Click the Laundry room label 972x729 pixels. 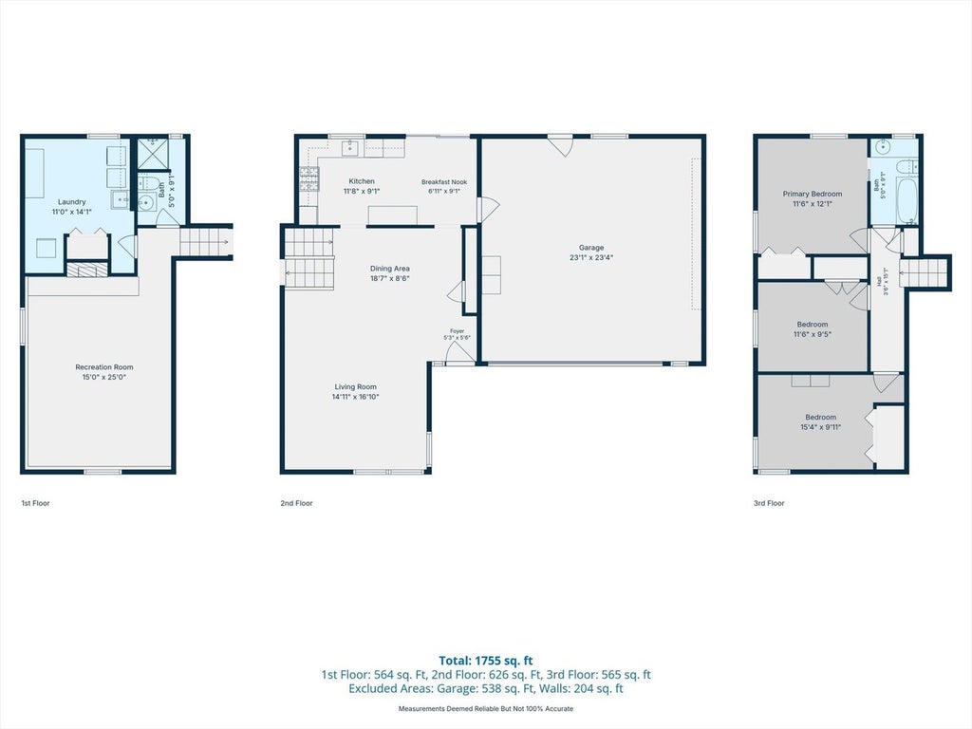click(x=72, y=202)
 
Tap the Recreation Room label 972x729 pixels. click(x=104, y=367)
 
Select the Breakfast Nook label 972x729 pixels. click(x=444, y=182)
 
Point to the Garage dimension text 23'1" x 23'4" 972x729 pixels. click(x=591, y=257)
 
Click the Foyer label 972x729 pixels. click(x=457, y=331)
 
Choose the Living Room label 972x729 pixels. click(x=356, y=387)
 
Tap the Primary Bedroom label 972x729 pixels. click(x=813, y=194)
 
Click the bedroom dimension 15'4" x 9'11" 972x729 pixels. click(x=821, y=427)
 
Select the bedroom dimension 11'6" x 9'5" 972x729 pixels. click(x=813, y=334)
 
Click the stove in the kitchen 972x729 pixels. click(x=308, y=178)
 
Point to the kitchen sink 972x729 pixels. click(x=350, y=147)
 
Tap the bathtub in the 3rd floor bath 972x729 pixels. click(x=907, y=201)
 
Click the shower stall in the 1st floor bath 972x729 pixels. click(x=153, y=153)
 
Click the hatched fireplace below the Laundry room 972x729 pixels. click(x=86, y=270)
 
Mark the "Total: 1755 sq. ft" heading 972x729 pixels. click(x=486, y=661)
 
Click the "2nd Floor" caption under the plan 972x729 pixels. click(x=296, y=503)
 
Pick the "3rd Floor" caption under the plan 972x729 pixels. click(x=769, y=503)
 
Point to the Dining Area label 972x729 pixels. click(x=390, y=269)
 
